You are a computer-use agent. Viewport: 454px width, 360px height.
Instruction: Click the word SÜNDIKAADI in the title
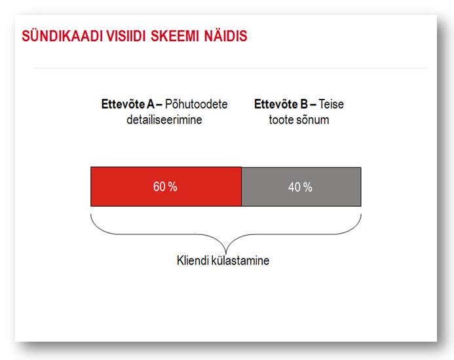(62, 36)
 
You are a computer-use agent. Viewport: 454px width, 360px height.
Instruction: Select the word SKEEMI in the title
(175, 36)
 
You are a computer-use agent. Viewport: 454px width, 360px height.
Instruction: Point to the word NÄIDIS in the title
(225, 35)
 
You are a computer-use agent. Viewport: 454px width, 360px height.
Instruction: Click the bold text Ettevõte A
(128, 104)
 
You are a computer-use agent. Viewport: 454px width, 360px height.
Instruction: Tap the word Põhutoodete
(197, 104)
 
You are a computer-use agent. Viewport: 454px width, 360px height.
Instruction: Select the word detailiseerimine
(164, 120)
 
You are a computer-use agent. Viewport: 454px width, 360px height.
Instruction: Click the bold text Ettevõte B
(281, 104)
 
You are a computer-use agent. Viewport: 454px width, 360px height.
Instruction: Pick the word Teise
(331, 104)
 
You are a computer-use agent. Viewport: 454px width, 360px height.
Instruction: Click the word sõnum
(314, 120)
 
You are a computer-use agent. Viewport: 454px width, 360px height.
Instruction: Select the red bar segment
(166, 187)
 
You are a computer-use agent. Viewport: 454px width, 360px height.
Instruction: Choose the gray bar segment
(301, 187)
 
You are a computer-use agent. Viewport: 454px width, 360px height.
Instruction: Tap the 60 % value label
(165, 187)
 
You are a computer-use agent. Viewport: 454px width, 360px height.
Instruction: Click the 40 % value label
(300, 187)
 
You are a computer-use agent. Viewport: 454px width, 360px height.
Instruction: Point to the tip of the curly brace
(226, 254)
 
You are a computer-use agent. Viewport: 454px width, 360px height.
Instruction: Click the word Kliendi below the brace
(193, 261)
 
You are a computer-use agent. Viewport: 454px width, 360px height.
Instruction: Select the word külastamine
(240, 261)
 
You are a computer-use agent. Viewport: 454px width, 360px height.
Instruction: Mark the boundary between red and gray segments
(242, 187)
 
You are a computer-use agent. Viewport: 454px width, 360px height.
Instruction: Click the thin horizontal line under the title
(230, 69)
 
